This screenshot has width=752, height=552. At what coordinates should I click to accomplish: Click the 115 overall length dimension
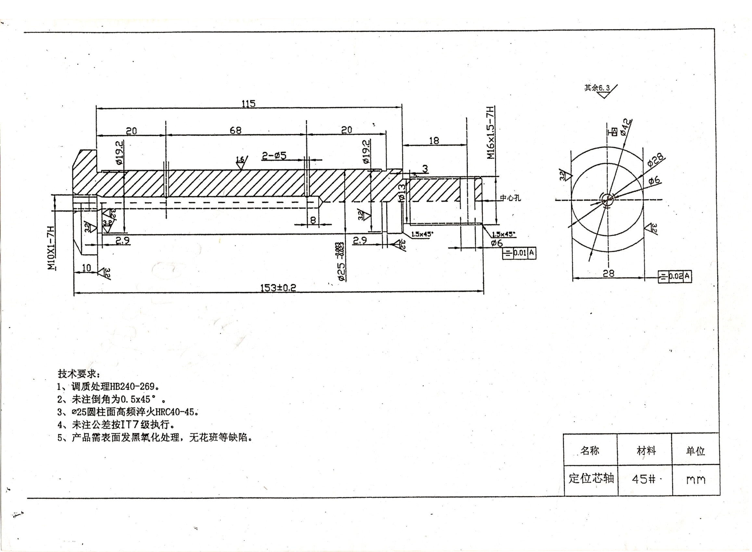(248, 104)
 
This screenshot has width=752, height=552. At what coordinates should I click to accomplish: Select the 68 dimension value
(235, 130)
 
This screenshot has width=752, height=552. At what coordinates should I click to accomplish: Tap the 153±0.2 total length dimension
(278, 288)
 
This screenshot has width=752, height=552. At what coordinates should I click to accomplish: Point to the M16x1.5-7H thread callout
(491, 133)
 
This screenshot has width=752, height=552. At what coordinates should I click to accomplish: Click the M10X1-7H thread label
(51, 248)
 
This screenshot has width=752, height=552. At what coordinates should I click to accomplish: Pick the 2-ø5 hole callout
(274, 156)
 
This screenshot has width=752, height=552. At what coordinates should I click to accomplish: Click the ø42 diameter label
(626, 127)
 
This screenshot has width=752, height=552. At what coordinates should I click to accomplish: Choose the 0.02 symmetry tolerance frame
(674, 276)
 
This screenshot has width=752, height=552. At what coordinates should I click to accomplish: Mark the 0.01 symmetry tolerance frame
(519, 253)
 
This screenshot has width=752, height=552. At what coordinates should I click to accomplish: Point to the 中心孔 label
(510, 198)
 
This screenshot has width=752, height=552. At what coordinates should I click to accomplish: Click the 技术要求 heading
(79, 373)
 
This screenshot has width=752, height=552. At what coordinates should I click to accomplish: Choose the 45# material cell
(644, 479)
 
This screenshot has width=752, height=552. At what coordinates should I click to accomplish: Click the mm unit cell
(696, 480)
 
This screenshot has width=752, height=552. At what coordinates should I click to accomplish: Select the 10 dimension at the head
(86, 268)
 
